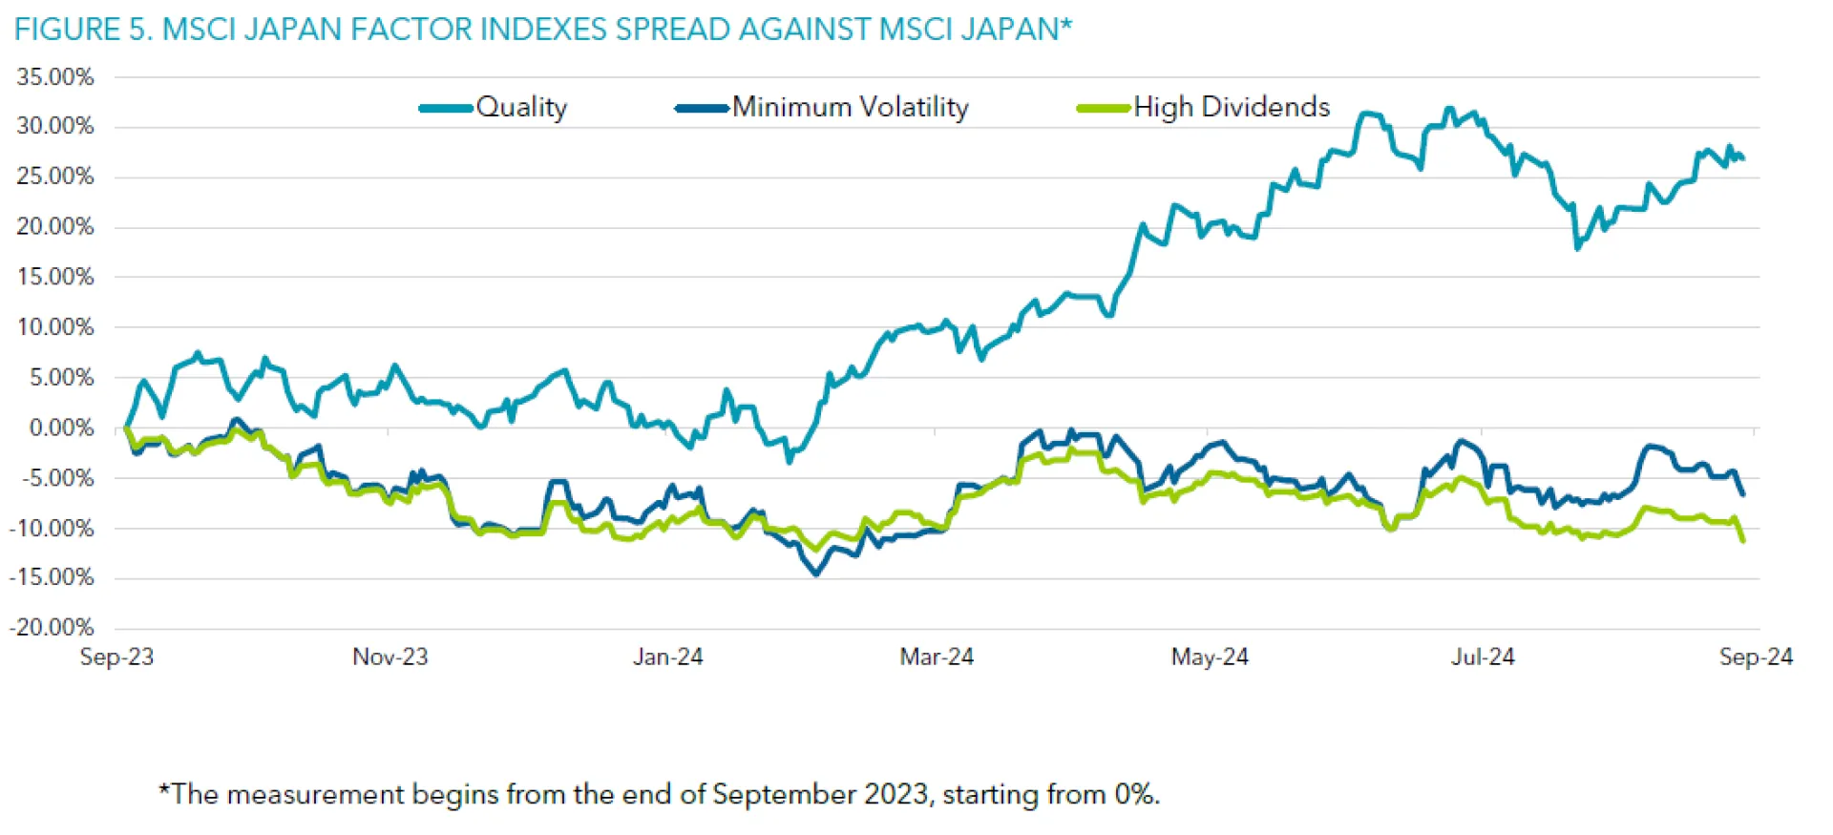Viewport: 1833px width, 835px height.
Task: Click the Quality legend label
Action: pyautogui.click(x=521, y=107)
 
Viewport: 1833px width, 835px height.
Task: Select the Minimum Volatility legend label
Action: pyautogui.click(x=850, y=107)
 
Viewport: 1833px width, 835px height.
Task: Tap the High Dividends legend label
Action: pyautogui.click(x=1232, y=107)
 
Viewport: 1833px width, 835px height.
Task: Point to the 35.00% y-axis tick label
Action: pyautogui.click(x=55, y=77)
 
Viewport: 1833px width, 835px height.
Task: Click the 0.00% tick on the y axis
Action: pyautogui.click(x=61, y=428)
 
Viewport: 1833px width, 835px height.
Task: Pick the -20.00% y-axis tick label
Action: pyautogui.click(x=52, y=627)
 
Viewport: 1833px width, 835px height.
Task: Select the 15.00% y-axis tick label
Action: pyautogui.click(x=55, y=277)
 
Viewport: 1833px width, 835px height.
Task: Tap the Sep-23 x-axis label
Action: pyautogui.click(x=116, y=657)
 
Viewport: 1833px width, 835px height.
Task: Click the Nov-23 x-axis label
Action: pyautogui.click(x=390, y=657)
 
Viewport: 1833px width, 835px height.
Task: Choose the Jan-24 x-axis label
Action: pyautogui.click(x=667, y=657)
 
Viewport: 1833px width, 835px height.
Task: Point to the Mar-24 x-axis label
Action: pyautogui.click(x=937, y=657)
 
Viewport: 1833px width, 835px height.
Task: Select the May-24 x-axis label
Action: pyautogui.click(x=1210, y=657)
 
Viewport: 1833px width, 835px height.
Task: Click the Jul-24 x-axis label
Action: pyautogui.click(x=1483, y=657)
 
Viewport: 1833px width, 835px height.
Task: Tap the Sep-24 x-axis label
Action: pyautogui.click(x=1756, y=657)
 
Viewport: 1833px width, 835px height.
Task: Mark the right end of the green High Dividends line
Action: pyautogui.click(x=1743, y=541)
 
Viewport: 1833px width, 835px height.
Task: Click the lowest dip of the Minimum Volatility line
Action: pyautogui.click(x=816, y=574)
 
